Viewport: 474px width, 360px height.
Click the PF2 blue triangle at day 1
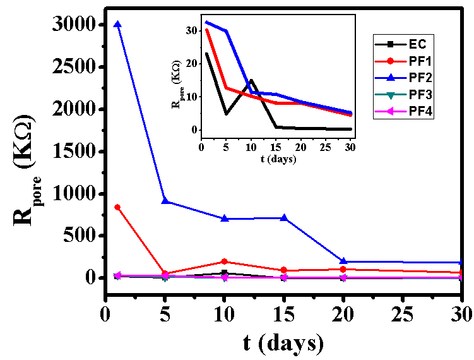[x=117, y=25]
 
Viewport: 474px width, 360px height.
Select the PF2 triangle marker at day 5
[x=165, y=201]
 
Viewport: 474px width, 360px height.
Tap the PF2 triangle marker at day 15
[x=284, y=218]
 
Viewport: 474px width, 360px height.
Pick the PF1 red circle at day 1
[x=117, y=207]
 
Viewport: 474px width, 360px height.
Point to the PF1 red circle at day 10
[x=225, y=261]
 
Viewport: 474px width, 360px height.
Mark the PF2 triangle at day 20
[x=343, y=261]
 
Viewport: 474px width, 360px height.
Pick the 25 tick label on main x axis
[x=403, y=313]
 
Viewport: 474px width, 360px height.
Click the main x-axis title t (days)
[x=283, y=343]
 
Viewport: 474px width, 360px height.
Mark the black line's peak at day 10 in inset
[x=251, y=80]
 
